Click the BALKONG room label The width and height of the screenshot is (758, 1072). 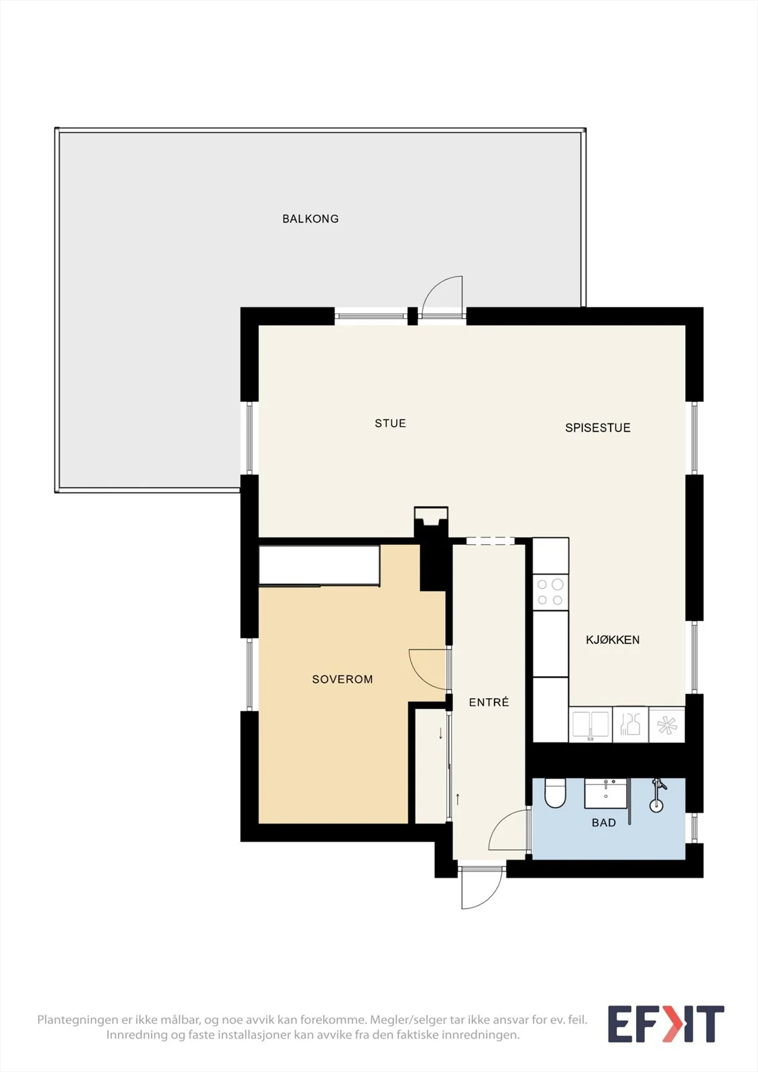pos(310,218)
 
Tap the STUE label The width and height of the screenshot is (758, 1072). pos(390,423)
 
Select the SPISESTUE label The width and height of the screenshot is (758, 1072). pos(598,428)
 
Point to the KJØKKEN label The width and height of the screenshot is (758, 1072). pos(613,640)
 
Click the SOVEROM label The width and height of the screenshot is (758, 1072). pos(342,679)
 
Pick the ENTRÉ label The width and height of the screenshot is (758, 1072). pos(489,702)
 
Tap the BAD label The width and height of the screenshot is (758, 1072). pos(604,823)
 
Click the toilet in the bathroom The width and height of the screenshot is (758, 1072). pos(556,793)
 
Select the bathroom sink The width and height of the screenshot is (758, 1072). pos(606,793)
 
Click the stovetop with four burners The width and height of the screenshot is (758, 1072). pos(550,592)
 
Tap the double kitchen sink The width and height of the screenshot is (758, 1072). pos(590,725)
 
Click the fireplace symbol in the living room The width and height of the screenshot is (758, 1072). pos(431,521)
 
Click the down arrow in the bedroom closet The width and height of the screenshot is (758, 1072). pos(440,733)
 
